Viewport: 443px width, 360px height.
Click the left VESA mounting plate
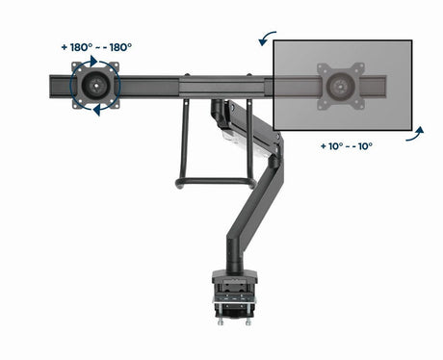tap(95, 84)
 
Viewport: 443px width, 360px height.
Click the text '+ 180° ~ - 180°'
tap(95, 46)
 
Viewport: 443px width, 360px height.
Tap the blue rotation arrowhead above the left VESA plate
tap(93, 60)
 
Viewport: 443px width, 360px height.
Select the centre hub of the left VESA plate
tap(94, 84)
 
